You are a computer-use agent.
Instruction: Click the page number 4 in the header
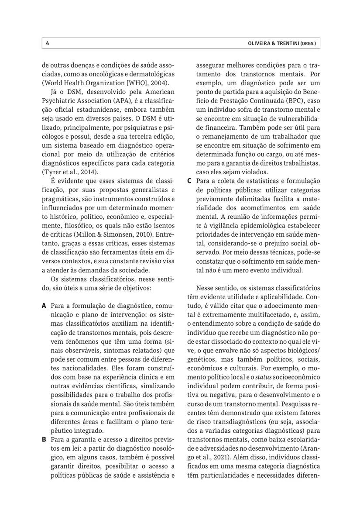[47, 44]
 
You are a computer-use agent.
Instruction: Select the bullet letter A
[44, 304]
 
